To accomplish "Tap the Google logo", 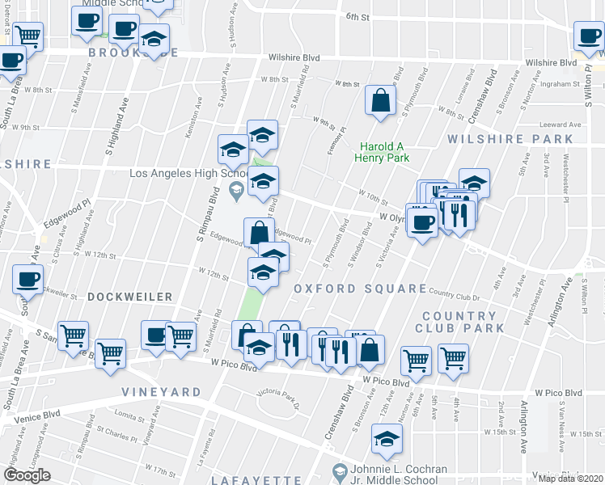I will click(x=27, y=475).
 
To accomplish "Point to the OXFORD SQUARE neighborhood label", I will click(x=360, y=289).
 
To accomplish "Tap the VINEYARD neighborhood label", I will click(x=162, y=392).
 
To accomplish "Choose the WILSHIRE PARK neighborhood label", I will click(x=498, y=139).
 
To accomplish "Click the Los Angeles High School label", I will click(x=188, y=173).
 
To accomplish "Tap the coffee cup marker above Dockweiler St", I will click(x=27, y=280).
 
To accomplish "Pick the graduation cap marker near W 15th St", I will click(x=387, y=439).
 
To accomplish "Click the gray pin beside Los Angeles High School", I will click(x=236, y=192).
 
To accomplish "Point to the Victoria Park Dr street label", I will click(x=277, y=395).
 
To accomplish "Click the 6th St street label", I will click(x=357, y=16).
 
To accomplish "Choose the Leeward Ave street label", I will click(x=565, y=125).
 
